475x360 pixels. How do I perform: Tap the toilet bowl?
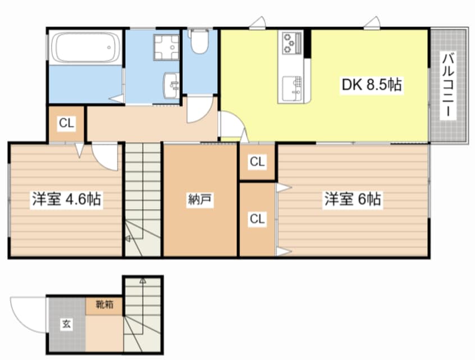click(x=199, y=42)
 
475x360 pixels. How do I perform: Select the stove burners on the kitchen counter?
click(x=291, y=42)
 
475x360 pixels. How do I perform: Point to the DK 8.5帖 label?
click(x=371, y=85)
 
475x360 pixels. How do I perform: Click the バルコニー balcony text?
click(x=448, y=85)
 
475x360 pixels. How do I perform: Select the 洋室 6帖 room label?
click(x=353, y=199)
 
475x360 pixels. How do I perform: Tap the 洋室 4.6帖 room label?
click(x=66, y=199)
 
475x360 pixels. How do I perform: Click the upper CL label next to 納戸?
click(x=257, y=162)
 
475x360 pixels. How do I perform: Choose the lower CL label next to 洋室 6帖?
click(x=257, y=218)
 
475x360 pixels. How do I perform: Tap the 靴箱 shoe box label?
click(x=103, y=305)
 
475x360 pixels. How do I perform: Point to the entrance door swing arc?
click(x=27, y=313)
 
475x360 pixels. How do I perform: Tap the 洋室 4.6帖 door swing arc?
click(x=104, y=155)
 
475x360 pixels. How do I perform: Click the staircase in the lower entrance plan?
click(x=143, y=315)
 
